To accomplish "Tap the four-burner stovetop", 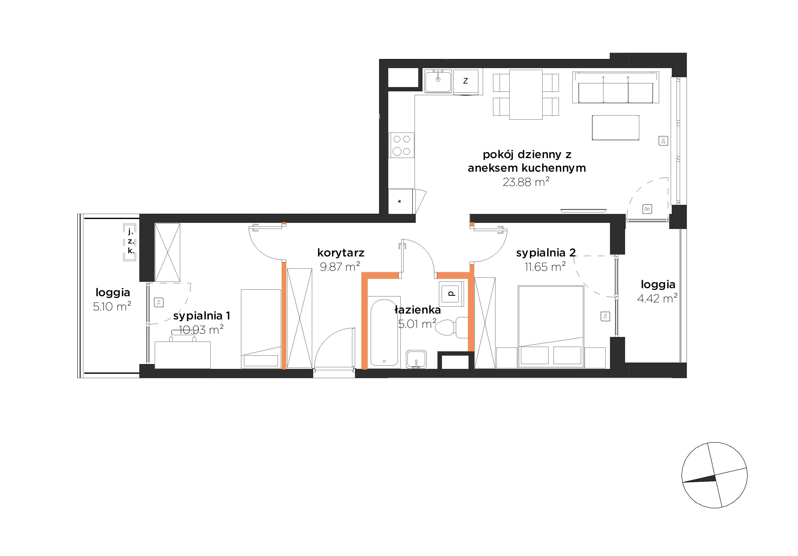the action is click(402, 145).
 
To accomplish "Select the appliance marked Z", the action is click(466, 82).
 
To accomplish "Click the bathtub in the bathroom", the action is click(384, 333).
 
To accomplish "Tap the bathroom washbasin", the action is click(416, 359).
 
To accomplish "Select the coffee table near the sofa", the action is click(616, 127).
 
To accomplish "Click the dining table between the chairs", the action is click(526, 94).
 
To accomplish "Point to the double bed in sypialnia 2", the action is click(551, 327).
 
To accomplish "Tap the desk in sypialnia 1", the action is click(182, 355).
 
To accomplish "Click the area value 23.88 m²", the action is click(526, 182).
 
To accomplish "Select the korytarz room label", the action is click(341, 253).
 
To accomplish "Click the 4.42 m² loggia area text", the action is click(657, 298).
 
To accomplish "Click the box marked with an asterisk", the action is click(400, 201).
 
